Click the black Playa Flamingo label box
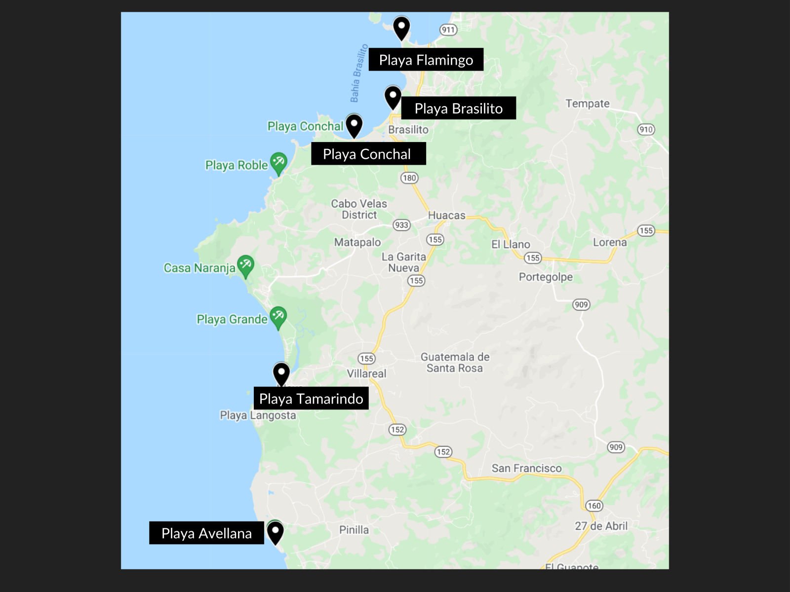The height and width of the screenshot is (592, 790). click(x=426, y=60)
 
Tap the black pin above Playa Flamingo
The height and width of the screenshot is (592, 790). click(x=401, y=28)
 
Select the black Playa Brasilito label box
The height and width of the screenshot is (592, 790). click(x=458, y=108)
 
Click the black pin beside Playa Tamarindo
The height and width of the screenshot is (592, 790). click(x=281, y=373)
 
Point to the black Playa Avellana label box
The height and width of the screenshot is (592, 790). click(x=206, y=533)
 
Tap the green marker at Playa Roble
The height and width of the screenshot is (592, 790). click(x=278, y=163)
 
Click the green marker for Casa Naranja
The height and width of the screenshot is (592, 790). click(x=245, y=265)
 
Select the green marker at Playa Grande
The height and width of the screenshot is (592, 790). click(x=278, y=317)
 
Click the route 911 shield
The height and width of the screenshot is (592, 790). click(x=448, y=30)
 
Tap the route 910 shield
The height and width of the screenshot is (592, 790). click(x=646, y=130)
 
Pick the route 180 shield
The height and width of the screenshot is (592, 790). click(x=409, y=178)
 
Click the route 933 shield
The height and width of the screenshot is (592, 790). click(x=401, y=225)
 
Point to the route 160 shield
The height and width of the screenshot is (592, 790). click(x=594, y=506)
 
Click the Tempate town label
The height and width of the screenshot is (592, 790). click(x=587, y=104)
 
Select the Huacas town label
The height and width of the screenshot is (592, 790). click(x=446, y=216)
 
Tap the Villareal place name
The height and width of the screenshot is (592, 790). click(x=366, y=373)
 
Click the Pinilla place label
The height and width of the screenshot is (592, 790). click(x=354, y=530)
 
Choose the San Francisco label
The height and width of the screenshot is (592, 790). click(x=526, y=468)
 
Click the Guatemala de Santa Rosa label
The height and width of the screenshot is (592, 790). click(x=455, y=363)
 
